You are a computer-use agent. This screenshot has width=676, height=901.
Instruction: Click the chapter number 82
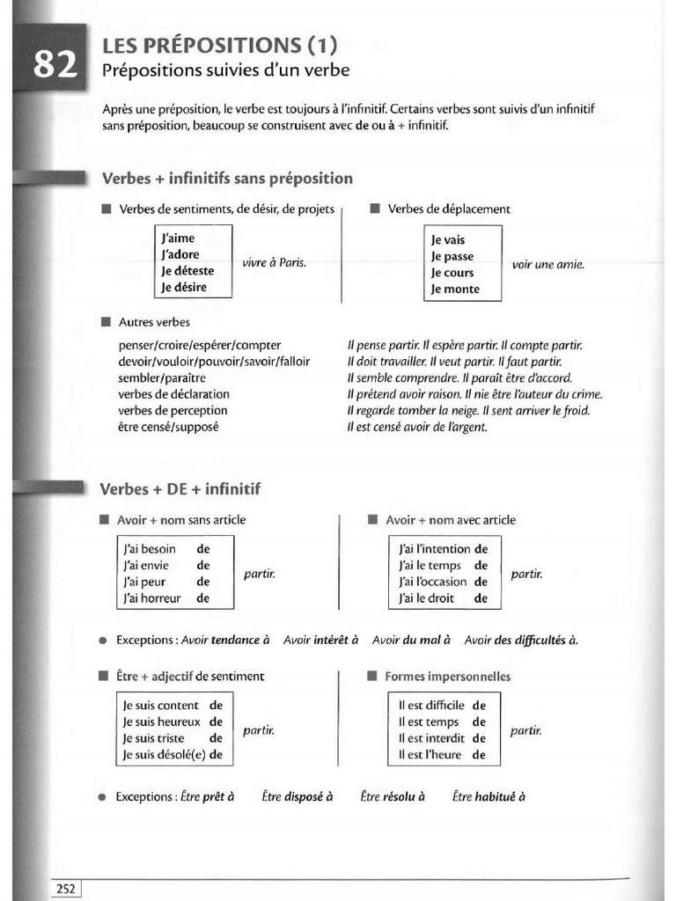point(55,65)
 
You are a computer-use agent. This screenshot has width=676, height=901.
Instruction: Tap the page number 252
point(65,889)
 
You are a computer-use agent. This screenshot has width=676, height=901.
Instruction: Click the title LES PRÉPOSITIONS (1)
point(219,45)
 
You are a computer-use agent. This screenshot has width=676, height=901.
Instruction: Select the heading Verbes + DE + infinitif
point(181,488)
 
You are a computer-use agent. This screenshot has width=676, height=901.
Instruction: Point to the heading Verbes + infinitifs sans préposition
point(227,179)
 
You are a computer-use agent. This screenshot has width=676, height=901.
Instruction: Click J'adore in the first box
point(180,254)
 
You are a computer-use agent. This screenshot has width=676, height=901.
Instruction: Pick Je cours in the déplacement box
point(452,273)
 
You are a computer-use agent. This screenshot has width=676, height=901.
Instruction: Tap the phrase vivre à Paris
point(274,263)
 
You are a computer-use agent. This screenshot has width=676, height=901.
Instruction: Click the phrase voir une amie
point(547,264)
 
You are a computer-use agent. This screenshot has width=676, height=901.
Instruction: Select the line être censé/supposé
point(169,427)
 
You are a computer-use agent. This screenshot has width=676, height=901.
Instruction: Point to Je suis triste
point(154,738)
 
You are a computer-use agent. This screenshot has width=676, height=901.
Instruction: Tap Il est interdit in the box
point(431,738)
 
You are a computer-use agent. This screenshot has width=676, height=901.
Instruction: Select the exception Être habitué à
point(489,796)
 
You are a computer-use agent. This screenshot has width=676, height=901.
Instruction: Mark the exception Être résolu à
point(393,796)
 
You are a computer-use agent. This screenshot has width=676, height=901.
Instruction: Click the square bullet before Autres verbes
point(107,322)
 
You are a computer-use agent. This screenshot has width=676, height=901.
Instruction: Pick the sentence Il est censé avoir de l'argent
point(417,427)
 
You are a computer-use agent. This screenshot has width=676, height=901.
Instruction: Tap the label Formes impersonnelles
point(447,677)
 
